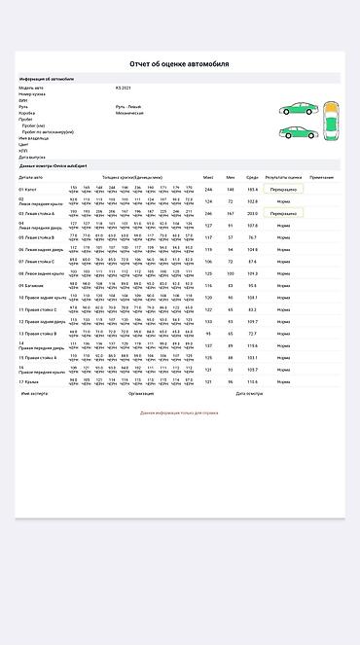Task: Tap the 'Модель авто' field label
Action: (x=30, y=88)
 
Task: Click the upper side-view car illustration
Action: (x=295, y=110)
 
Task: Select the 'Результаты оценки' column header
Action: (x=283, y=178)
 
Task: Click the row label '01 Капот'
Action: (x=29, y=189)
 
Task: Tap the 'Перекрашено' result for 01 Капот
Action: (x=283, y=189)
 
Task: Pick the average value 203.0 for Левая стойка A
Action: (x=253, y=213)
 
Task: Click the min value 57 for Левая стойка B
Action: (x=231, y=236)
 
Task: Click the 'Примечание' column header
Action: (x=322, y=178)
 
